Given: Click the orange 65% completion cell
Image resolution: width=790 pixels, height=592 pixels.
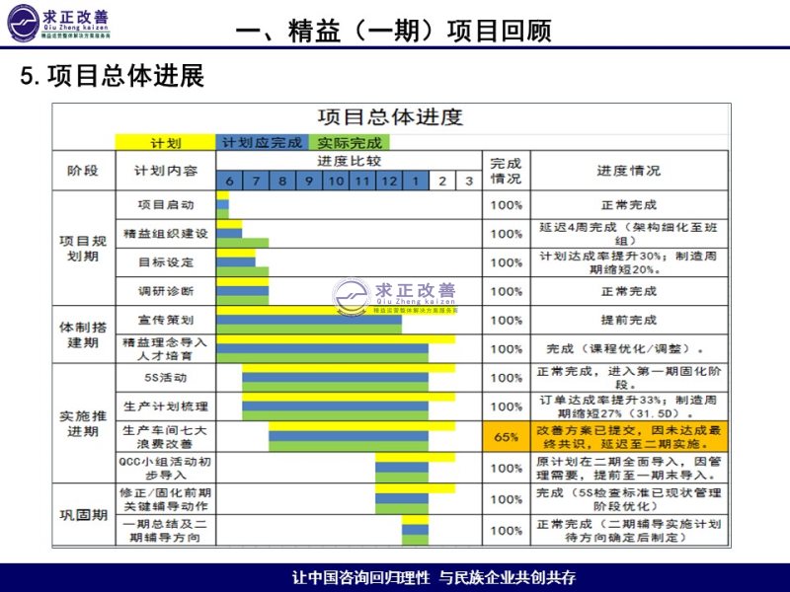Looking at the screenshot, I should (x=507, y=436).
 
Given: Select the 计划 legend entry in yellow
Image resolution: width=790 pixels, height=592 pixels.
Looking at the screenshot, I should (x=165, y=143).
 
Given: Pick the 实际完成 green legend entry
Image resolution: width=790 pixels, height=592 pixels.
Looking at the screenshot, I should (x=350, y=143).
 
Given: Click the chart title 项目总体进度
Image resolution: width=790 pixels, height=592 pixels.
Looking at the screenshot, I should (x=390, y=117).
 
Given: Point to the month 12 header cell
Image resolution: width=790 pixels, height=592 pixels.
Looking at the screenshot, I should (x=389, y=181).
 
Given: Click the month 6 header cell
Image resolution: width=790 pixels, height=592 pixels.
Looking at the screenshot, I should (x=229, y=181).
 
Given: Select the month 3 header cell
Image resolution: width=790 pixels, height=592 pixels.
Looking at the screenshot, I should (x=469, y=181).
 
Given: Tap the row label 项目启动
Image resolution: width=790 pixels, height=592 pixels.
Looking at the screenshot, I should (x=166, y=205).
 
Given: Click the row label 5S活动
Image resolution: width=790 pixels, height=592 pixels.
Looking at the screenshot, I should (x=166, y=377).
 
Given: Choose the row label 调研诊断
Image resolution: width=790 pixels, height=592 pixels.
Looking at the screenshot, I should (x=166, y=291).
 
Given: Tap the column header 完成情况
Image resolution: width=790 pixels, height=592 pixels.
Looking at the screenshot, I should (x=507, y=171).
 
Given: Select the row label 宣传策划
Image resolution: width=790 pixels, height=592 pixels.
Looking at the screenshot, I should (x=166, y=320).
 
